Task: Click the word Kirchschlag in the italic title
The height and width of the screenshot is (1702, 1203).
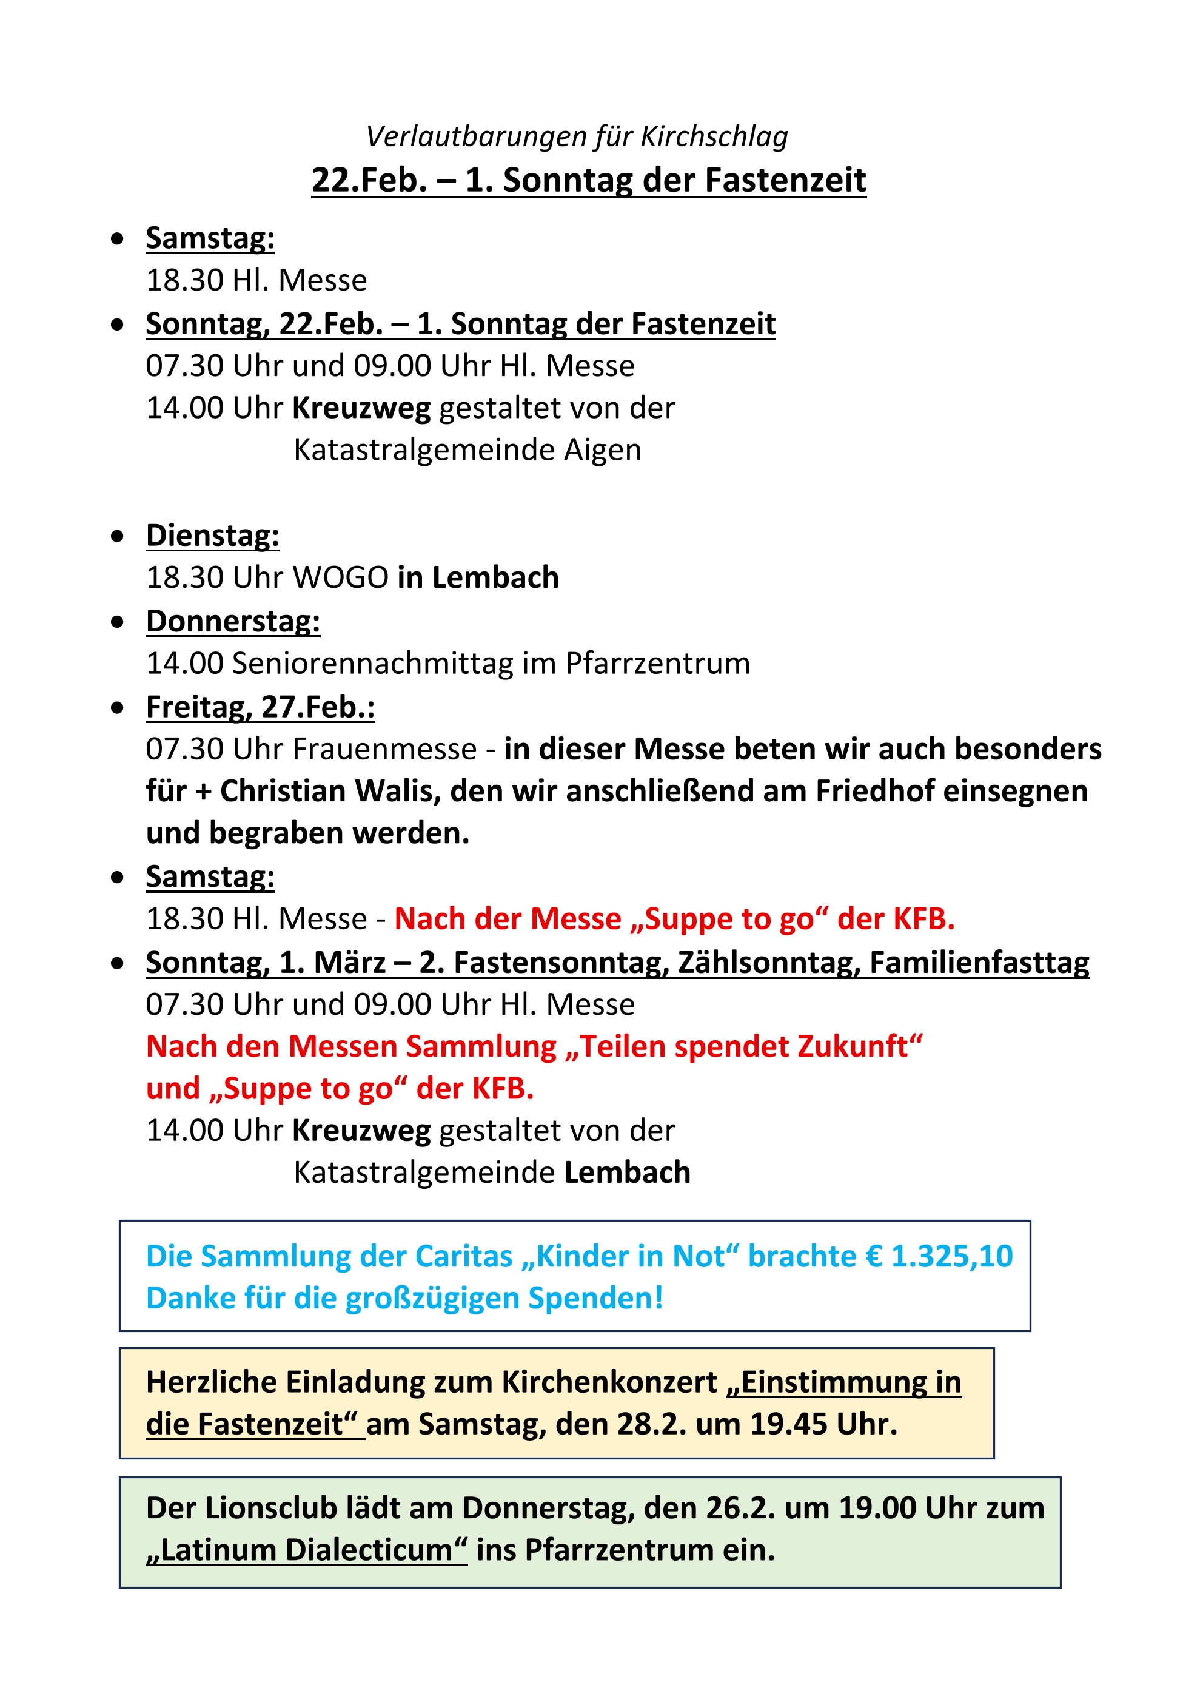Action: [x=714, y=137]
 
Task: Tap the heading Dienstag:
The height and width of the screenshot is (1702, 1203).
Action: [x=212, y=535]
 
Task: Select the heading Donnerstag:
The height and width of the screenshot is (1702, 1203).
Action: [x=233, y=621]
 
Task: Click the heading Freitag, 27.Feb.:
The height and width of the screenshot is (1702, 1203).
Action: [x=260, y=707]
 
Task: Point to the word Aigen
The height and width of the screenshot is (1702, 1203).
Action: [x=603, y=450]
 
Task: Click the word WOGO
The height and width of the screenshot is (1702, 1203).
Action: [x=341, y=577]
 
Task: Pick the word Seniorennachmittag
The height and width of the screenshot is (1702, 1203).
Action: [x=372, y=664]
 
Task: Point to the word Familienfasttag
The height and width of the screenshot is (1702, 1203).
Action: [x=979, y=963]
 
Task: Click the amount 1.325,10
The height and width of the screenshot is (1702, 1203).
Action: [x=952, y=1257]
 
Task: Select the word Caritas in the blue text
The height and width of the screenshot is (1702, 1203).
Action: [x=463, y=1257]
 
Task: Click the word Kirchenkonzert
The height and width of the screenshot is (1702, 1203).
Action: [x=609, y=1382]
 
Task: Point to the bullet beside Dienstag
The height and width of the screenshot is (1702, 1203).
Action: [x=117, y=536]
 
